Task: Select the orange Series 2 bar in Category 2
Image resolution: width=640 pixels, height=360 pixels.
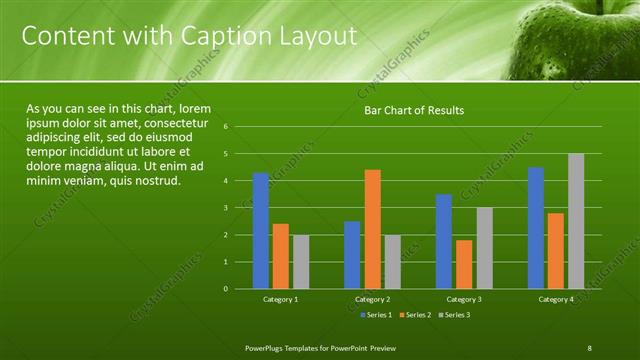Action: tap(372, 229)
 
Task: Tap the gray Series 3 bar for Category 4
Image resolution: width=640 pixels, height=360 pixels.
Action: tap(576, 221)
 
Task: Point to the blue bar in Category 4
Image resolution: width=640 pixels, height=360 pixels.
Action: tap(536, 228)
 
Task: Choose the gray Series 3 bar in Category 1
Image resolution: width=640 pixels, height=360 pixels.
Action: tap(301, 262)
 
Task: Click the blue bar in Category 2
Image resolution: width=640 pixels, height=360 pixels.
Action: tap(352, 255)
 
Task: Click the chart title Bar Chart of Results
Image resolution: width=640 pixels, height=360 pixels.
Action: tap(413, 110)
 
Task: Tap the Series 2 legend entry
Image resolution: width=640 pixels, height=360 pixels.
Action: tap(414, 315)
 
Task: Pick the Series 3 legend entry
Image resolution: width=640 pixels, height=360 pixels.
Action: tap(453, 315)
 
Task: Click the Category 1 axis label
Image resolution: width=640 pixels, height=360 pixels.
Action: tap(281, 299)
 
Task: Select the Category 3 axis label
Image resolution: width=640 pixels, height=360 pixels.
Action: tap(464, 299)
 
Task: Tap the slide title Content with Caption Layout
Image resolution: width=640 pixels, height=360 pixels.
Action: tap(189, 37)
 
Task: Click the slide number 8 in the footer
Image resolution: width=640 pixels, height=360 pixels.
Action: tap(590, 347)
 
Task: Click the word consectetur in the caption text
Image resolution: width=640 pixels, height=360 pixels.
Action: tap(173, 122)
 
